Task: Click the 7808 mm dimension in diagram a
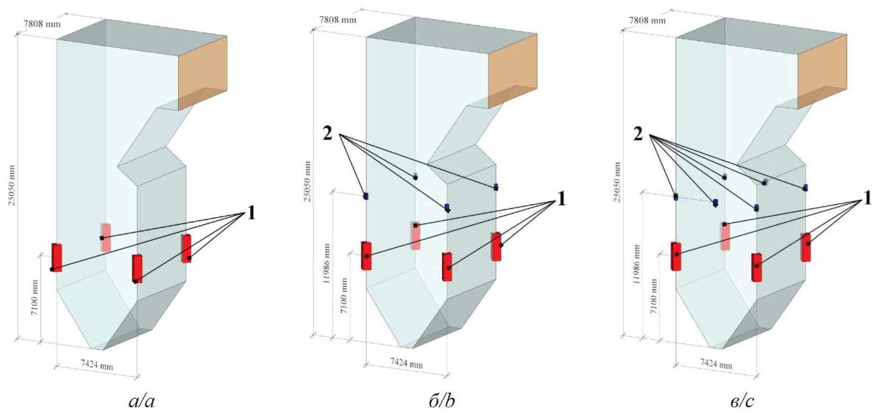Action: pos(42,23)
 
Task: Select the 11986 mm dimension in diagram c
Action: pos(637,264)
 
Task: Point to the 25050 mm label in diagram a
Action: pos(12,185)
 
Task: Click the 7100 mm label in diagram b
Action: pos(344,296)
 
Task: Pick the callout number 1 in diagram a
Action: pos(251,212)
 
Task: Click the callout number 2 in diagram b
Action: pos(327,133)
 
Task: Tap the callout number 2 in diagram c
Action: pos(638,134)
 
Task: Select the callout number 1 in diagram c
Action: pos(867,198)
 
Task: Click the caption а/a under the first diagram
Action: pos(142,400)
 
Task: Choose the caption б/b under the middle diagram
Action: pos(442,400)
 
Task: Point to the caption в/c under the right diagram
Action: pos(742,400)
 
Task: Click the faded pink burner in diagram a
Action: pos(106,237)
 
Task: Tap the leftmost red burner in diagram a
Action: pos(57,257)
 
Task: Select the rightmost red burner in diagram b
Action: pos(496,246)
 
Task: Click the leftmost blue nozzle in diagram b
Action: pos(366,196)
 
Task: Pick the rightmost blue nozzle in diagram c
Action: pos(805,188)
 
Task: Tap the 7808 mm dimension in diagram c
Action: pos(647,20)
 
